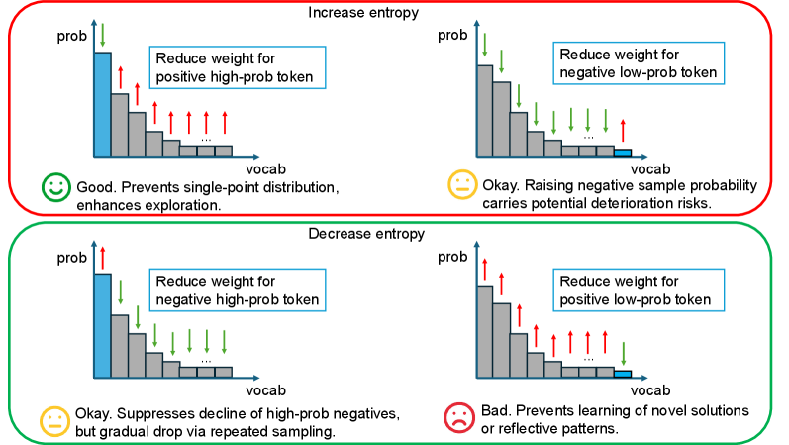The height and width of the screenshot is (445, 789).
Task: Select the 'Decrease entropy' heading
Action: point(394,234)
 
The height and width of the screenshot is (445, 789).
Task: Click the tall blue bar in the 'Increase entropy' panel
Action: point(101,104)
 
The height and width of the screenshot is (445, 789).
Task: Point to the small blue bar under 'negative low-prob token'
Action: point(622,152)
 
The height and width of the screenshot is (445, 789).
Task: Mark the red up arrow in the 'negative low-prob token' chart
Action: point(622,130)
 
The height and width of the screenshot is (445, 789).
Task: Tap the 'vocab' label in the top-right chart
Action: point(648,166)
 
